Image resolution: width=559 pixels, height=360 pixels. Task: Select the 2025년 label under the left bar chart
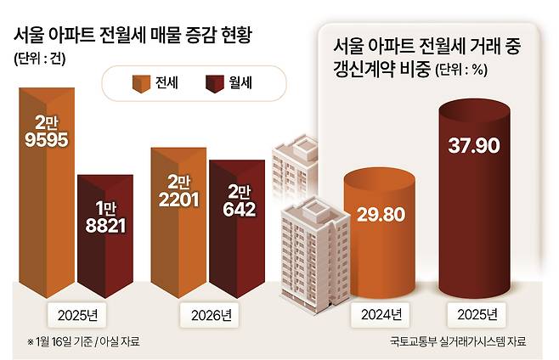tap(77, 316)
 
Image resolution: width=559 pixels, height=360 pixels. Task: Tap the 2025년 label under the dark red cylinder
tap(476, 316)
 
